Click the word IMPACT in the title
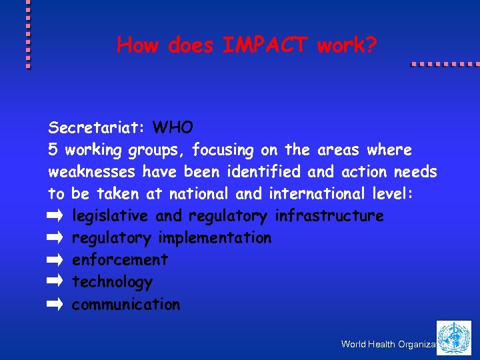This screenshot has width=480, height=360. (266, 45)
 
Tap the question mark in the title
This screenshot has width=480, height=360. (371, 45)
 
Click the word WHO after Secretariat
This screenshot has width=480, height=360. (173, 127)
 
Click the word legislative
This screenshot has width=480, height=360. (111, 216)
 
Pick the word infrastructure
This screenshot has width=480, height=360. (329, 216)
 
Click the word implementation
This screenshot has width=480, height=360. (215, 237)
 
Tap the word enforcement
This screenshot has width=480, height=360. (120, 259)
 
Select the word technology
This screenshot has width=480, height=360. (112, 282)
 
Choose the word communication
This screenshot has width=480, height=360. (126, 304)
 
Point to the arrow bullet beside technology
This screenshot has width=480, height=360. (55, 282)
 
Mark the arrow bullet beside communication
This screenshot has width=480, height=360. (55, 305)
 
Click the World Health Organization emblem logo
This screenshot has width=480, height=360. (453, 337)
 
